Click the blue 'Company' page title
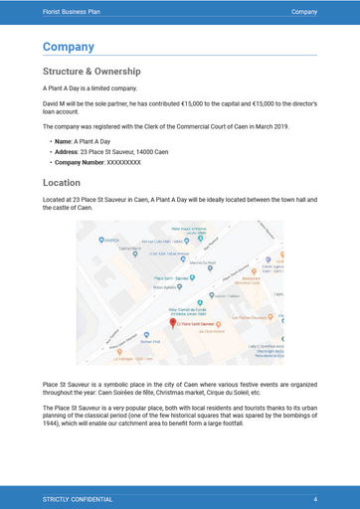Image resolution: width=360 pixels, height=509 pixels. pyautogui.click(x=68, y=47)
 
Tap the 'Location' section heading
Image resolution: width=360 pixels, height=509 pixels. pyautogui.click(x=69, y=183)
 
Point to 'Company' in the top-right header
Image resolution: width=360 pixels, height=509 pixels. pyautogui.click(x=304, y=11)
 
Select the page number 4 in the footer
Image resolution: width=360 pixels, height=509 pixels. pyautogui.click(x=314, y=497)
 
